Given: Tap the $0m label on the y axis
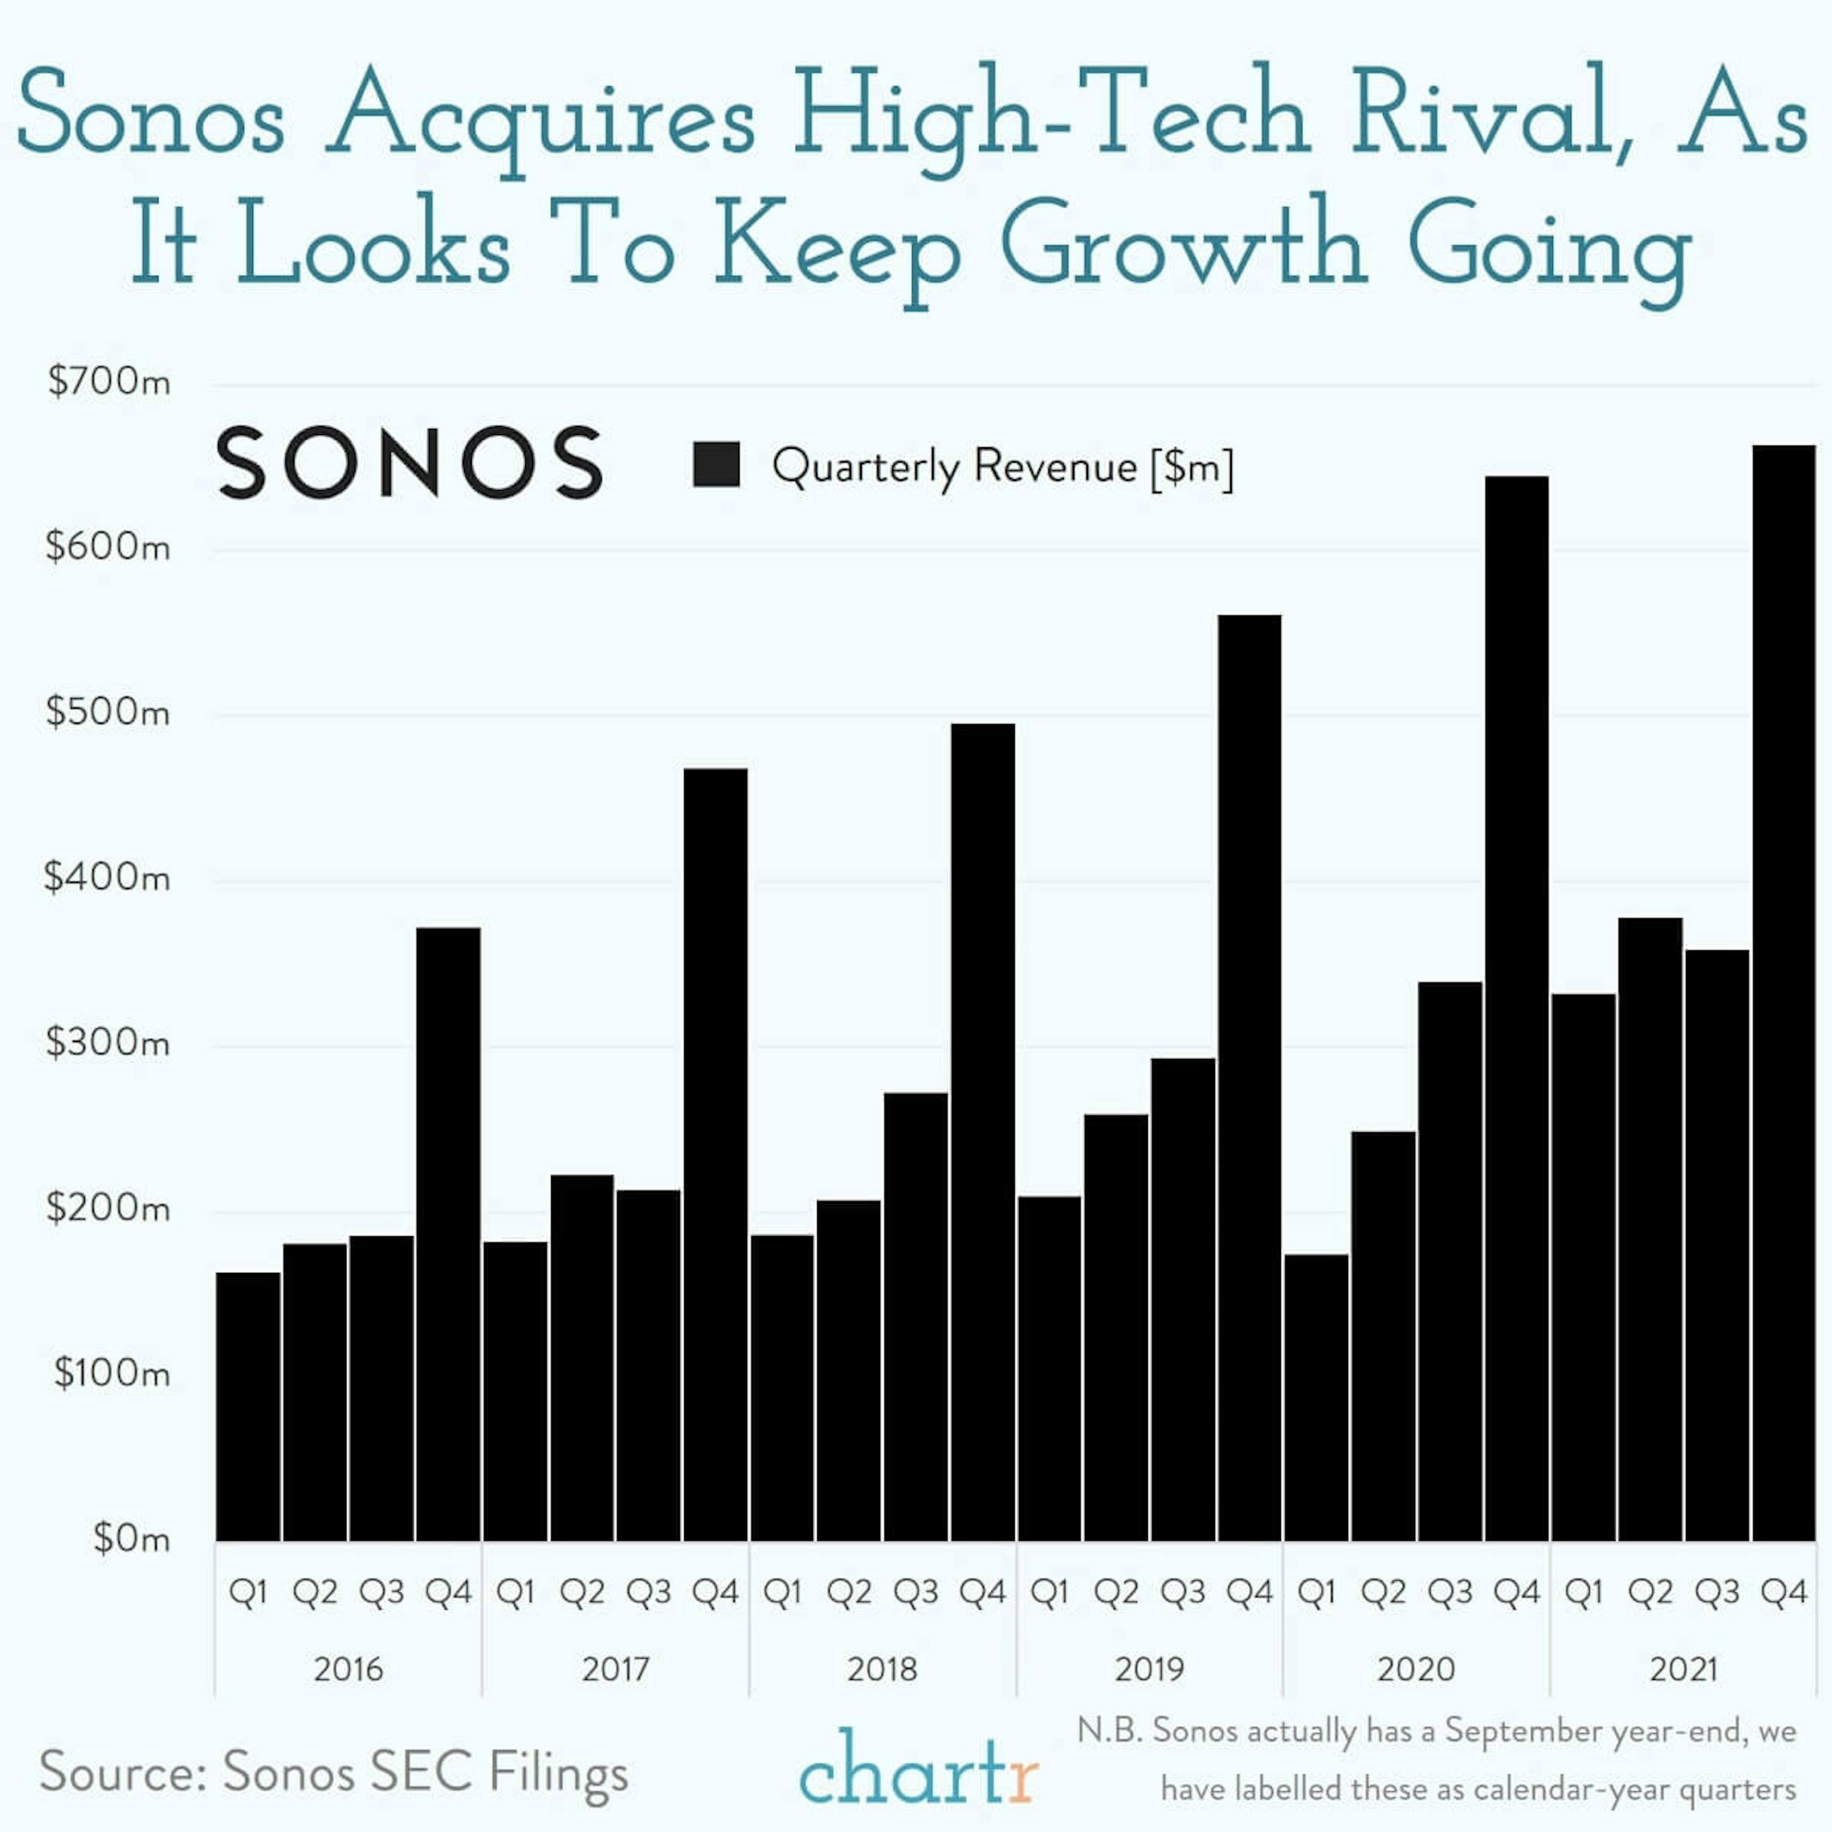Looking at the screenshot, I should click(131, 1538).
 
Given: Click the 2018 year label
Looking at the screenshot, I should click(882, 1669).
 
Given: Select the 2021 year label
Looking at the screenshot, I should click(1683, 1669).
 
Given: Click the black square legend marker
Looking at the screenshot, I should click(717, 465).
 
